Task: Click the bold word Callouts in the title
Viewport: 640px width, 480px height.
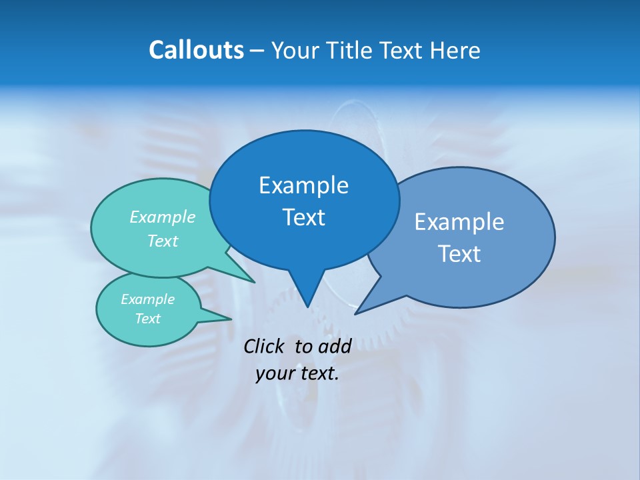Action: (x=196, y=50)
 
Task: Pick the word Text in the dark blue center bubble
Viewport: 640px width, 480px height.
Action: (x=303, y=217)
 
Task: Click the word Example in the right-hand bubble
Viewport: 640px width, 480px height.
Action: (x=459, y=221)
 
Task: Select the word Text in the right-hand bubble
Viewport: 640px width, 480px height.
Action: (x=459, y=253)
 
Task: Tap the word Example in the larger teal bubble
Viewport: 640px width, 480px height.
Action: (x=163, y=217)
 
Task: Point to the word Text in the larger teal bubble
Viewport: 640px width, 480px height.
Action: (x=163, y=241)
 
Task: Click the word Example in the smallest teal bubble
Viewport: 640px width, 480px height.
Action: (x=147, y=299)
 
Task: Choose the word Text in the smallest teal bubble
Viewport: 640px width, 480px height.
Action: (x=147, y=319)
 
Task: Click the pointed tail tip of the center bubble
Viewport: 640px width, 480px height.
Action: (x=307, y=306)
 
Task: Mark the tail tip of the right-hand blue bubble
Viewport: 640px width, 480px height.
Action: (x=356, y=313)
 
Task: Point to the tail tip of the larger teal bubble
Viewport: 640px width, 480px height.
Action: (x=254, y=282)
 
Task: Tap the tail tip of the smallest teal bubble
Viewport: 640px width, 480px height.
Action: (x=231, y=319)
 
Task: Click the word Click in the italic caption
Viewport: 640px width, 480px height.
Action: (x=266, y=346)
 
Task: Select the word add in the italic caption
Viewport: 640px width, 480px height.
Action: (x=335, y=346)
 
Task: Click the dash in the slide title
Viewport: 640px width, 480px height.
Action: (x=257, y=51)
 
